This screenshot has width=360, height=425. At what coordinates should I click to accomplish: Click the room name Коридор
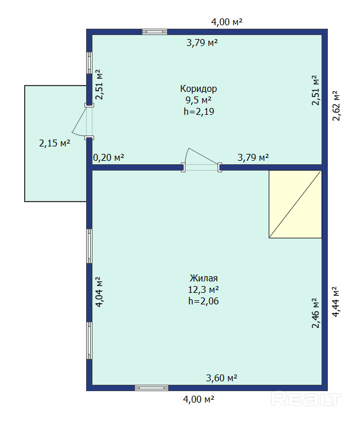[x=199, y=89]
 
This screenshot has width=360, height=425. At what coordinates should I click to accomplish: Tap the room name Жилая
[x=204, y=278]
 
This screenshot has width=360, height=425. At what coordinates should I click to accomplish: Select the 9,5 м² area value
[x=199, y=100]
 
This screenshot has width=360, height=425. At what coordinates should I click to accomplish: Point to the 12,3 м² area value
[x=204, y=289]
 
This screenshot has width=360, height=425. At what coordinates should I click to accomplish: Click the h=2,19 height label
[x=199, y=111]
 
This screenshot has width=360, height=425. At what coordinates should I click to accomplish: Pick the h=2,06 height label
[x=204, y=301]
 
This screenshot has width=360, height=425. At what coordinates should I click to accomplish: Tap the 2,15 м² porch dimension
[x=55, y=143]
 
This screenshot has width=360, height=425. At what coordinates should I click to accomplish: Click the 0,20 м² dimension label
[x=109, y=157]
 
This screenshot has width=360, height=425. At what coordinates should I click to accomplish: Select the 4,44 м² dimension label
[x=335, y=302]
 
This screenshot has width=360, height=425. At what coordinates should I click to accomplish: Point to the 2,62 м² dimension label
[x=336, y=106]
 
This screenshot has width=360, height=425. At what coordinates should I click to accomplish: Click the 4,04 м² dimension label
[x=99, y=292]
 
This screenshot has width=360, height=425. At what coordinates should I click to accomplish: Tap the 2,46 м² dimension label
[x=316, y=313]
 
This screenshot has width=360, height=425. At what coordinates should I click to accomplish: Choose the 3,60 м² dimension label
[x=222, y=378]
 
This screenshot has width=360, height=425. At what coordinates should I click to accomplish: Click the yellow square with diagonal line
[x=295, y=204]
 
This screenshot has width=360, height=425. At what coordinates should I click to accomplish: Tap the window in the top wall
[x=155, y=32]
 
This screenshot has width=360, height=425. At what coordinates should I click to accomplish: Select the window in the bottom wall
[x=152, y=388]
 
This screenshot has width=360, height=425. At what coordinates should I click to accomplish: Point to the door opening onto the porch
[x=83, y=121]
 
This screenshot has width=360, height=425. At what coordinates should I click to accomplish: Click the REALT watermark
[x=306, y=399]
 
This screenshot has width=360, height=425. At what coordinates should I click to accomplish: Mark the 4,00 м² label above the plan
[x=227, y=22]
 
